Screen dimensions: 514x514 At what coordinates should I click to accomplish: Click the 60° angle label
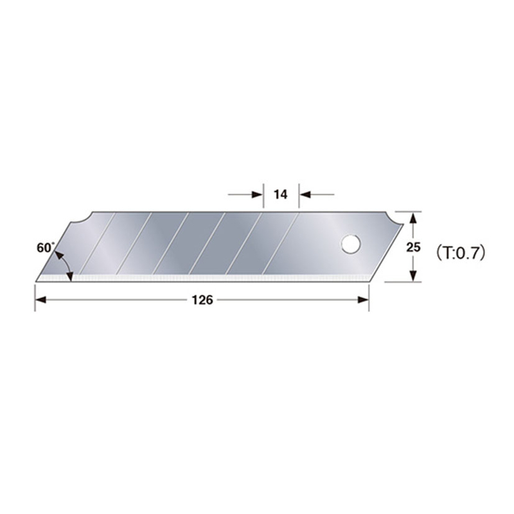pos(45,247)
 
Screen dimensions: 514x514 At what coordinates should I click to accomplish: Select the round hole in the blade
pos(350,244)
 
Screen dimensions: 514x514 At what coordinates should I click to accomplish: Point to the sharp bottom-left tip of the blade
pos(36,281)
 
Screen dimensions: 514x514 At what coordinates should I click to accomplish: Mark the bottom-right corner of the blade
pos(369,281)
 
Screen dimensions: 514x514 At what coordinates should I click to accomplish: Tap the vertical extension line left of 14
pos(262,199)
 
